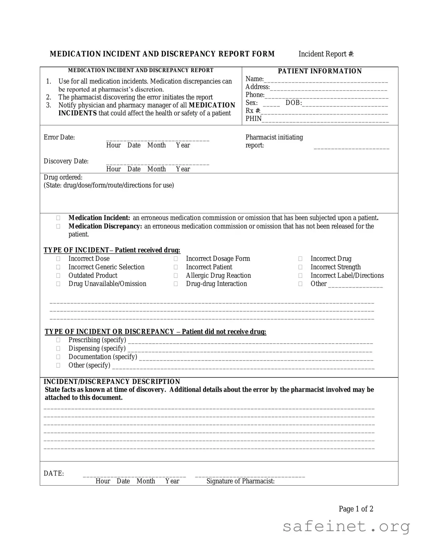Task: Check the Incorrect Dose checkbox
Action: pos(58,259)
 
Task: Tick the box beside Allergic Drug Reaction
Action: pos(176,276)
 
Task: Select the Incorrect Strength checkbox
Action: pos(300,267)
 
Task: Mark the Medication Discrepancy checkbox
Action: pos(58,226)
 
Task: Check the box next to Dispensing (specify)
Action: pos(58,349)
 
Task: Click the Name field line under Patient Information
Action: pos(326,80)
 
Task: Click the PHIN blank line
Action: pos(326,120)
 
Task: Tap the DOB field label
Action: pos(293,103)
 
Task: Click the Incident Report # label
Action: pos(326,54)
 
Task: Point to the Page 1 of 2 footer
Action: pos(356,509)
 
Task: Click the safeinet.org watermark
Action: pos(346,526)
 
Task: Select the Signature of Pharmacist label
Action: pos(240,481)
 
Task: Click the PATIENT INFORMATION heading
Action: pos(320,71)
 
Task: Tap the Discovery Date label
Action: pos(66,161)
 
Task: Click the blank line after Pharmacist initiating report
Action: pos(351,147)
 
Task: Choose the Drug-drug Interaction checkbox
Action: pos(176,284)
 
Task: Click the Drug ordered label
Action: pos(63,177)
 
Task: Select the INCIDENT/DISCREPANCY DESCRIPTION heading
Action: pos(112,382)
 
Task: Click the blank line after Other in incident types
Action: pos(355,285)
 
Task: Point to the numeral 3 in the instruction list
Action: pos(49,105)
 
